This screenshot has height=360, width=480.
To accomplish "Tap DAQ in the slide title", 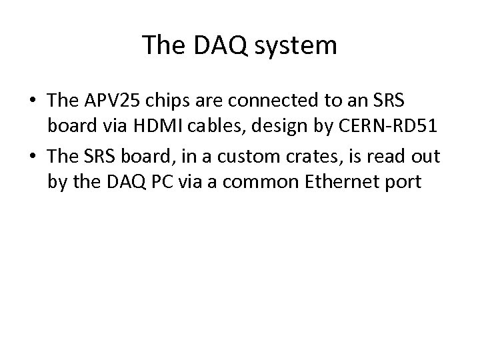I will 219,45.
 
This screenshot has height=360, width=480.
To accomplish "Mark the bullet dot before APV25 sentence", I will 33,102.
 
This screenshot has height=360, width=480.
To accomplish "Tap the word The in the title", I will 165,45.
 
